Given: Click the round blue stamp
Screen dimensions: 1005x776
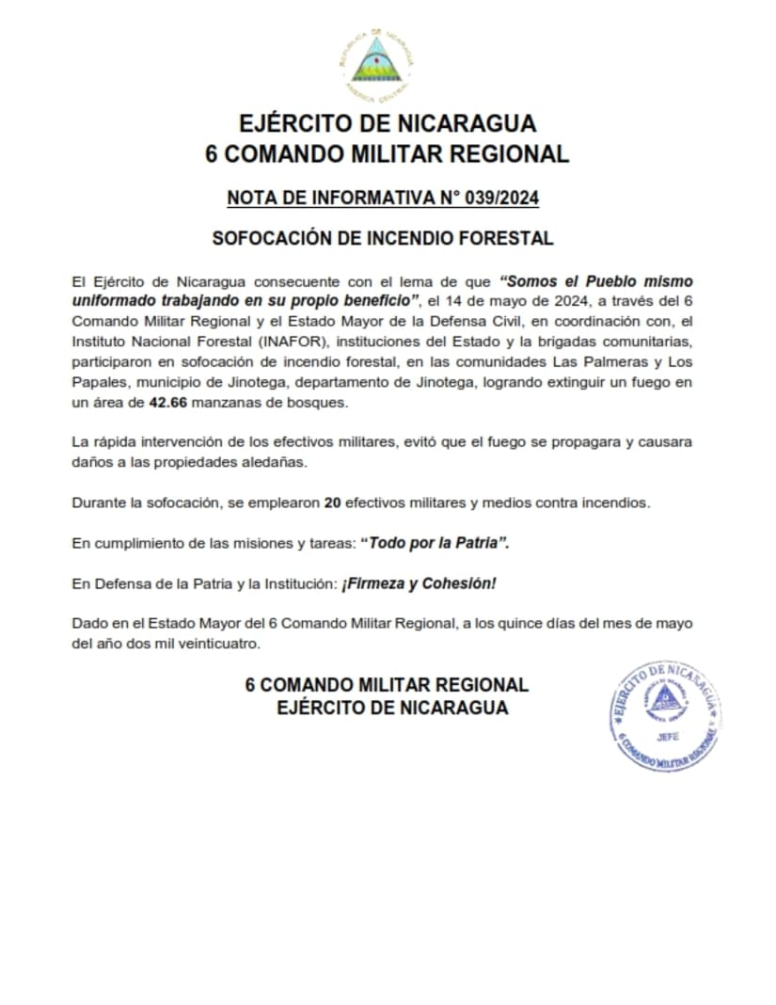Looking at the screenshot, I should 665,715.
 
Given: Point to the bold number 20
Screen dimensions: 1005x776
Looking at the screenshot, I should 331,502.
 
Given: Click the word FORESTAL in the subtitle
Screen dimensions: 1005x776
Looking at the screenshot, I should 512,239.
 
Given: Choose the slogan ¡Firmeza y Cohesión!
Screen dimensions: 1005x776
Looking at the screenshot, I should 419,584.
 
